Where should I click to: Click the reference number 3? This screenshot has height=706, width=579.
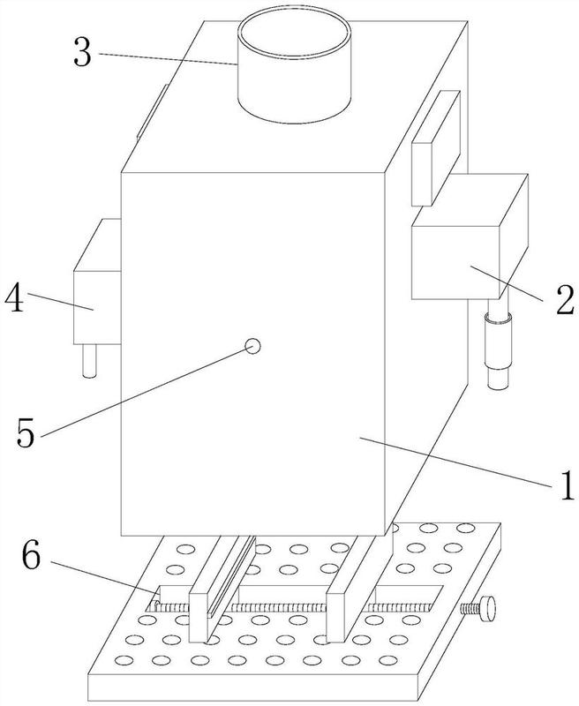[x=83, y=54]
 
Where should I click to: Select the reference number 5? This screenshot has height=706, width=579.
[x=26, y=432]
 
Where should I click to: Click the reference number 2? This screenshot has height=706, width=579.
[x=565, y=299]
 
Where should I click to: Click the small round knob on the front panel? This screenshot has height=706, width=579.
[x=252, y=346]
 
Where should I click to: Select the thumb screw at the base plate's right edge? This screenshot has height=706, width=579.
[x=478, y=608]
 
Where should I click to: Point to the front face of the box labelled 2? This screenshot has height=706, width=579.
[x=455, y=262]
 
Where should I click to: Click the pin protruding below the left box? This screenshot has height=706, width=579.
[x=90, y=361]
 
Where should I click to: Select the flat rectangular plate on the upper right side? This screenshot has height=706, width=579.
[x=436, y=148]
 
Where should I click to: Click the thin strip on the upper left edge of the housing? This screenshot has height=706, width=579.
[x=152, y=112]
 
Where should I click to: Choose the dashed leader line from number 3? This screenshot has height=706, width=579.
[x=169, y=59]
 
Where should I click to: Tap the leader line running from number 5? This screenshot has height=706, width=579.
[x=143, y=392]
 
